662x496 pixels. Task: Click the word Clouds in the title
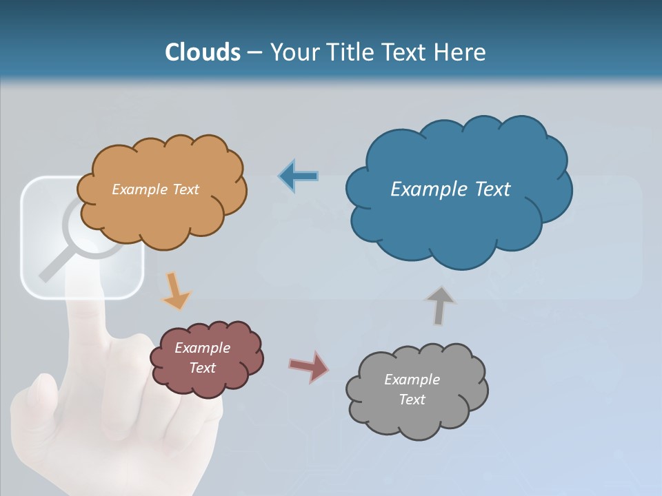[x=203, y=52]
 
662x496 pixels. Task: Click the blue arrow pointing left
[x=298, y=176]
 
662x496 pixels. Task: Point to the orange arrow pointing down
[x=175, y=291]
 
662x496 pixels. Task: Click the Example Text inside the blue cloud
[x=450, y=189]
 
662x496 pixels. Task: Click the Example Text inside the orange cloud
[x=155, y=189]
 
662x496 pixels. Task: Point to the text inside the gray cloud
[x=412, y=389]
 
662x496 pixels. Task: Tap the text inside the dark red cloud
[x=202, y=358]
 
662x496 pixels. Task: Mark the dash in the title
[x=254, y=54]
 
